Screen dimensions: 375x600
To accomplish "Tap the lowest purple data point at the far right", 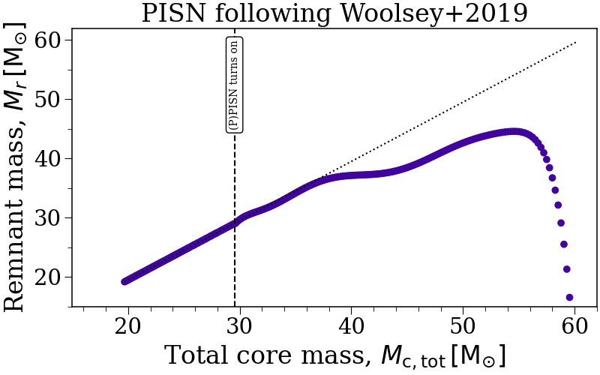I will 569,298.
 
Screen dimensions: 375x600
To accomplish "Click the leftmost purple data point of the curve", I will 125,281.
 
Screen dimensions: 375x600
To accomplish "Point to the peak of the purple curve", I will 514,132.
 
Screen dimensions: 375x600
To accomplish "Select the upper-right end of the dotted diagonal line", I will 575,42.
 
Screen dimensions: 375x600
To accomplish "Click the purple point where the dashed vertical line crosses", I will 235,223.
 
